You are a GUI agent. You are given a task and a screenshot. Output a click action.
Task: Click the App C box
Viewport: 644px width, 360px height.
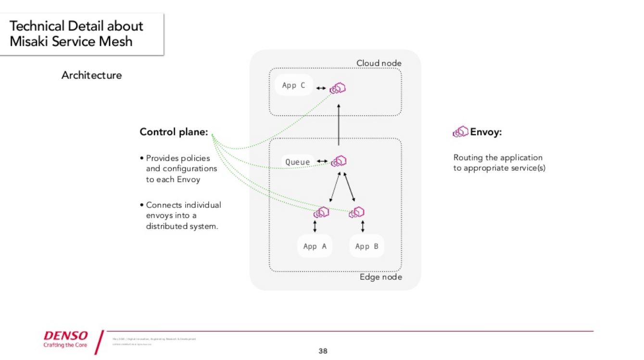coord(293,86)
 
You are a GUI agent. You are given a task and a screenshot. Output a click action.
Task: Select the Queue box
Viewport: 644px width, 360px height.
coord(297,162)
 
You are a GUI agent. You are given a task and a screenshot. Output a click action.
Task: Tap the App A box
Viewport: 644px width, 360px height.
coord(315,246)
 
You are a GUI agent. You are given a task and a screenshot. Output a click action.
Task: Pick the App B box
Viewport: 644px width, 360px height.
coord(366,246)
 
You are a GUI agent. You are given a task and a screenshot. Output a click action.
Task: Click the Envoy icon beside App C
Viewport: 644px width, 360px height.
coord(339,88)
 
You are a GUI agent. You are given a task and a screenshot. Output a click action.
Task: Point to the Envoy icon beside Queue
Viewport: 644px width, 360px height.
coord(339,161)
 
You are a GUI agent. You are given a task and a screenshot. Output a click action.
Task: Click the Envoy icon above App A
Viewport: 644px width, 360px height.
coord(321,212)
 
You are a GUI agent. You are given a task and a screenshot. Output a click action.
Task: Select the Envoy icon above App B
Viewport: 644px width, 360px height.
coord(357,212)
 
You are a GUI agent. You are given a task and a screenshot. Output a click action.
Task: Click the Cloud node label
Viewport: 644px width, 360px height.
coord(379,63)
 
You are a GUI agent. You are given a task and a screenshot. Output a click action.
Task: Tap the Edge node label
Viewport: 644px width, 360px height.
coord(380,277)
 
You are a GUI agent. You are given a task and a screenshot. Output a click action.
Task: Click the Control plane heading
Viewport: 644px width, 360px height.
coord(174,132)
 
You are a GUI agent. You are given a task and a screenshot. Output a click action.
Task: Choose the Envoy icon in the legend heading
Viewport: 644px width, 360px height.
coord(460,132)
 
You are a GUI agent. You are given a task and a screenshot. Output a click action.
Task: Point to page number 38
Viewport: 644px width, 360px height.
coord(323,351)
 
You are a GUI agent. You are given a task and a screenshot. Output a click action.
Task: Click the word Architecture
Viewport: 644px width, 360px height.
coord(91,75)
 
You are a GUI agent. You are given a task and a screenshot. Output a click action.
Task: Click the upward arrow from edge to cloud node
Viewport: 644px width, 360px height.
coord(339,125)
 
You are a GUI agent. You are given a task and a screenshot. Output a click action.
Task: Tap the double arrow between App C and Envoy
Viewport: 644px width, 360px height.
coord(321,89)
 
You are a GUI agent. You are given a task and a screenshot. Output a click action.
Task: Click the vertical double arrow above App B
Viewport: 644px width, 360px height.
coord(362,226)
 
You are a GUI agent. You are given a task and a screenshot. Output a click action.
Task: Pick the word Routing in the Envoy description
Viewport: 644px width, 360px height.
coord(468,158)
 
